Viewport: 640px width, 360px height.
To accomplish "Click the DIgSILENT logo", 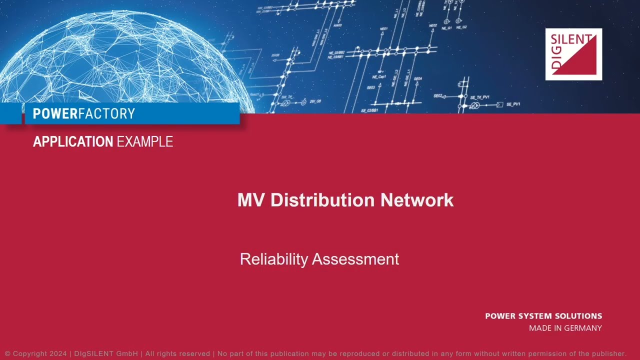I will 573,54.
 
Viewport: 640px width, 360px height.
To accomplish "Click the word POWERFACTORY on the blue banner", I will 84,114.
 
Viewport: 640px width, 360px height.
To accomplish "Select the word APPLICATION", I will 73,142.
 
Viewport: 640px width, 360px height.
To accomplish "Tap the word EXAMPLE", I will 145,142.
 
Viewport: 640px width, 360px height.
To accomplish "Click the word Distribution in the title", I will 323,200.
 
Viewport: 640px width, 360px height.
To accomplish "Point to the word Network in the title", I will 417,200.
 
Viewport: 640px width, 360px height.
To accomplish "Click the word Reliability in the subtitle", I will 273,259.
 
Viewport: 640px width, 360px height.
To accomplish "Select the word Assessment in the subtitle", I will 355,259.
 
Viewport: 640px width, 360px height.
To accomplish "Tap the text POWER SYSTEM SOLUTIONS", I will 543,316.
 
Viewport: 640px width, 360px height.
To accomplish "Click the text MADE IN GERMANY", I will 565,328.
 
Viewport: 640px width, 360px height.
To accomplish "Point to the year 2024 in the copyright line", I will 57,353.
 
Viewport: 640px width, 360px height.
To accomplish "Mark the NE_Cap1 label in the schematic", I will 379,77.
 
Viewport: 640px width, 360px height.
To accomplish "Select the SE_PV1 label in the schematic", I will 513,104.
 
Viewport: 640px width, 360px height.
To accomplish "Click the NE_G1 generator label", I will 446,28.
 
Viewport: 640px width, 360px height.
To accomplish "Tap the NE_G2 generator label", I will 461,27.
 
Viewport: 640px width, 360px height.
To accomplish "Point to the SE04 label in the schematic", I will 418,79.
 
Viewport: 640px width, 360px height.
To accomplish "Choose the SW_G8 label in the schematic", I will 315,101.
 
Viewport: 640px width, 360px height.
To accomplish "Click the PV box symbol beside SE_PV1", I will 499,105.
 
